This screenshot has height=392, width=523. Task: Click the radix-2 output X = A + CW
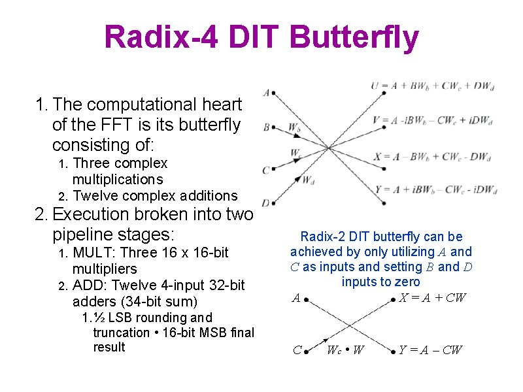coord(433,298)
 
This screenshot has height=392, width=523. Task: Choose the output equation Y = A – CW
coord(430,350)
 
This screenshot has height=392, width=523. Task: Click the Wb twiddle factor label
coord(294,126)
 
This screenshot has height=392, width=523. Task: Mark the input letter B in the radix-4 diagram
coord(266,126)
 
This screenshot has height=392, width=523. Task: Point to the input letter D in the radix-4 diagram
coord(265,203)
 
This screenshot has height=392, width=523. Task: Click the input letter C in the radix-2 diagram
coord(297,350)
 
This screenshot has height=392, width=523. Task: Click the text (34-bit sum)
coord(160,301)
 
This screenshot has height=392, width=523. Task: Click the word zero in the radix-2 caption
coord(407,282)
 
